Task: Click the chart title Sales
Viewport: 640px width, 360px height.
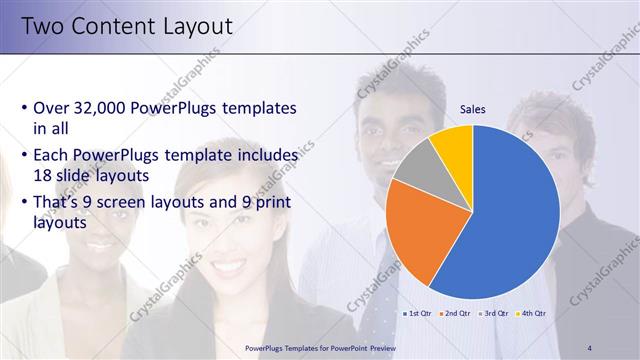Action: pyautogui.click(x=473, y=110)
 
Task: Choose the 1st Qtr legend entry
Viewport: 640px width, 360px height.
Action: pyautogui.click(x=416, y=313)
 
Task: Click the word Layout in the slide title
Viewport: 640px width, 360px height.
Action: pyautogui.click(x=195, y=26)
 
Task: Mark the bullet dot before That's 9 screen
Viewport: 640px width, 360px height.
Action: pyautogui.click(x=24, y=205)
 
